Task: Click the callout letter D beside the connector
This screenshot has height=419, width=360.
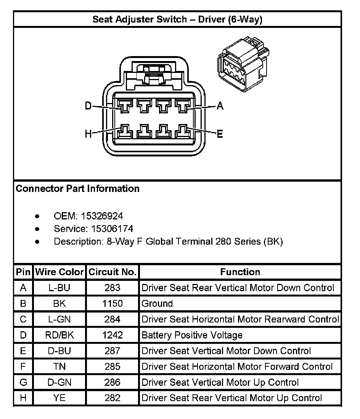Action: coord(88,106)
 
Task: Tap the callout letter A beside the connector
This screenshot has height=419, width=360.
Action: coord(220,106)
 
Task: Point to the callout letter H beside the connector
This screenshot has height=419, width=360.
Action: coord(88,134)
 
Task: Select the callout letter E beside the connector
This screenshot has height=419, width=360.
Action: coord(220,134)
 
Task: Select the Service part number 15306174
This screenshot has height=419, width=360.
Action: coord(112,229)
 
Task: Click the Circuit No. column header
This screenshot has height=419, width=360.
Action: coord(112,272)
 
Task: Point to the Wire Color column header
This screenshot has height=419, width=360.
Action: coord(59,272)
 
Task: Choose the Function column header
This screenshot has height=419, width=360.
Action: coord(240,272)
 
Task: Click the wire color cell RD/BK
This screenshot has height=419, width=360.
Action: coord(59,335)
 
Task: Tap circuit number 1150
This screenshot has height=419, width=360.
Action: coord(112,304)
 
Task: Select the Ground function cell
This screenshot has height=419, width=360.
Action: coord(157,304)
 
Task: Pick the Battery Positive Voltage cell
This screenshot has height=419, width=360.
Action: coord(192,335)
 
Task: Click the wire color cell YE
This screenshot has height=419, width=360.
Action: coord(59,398)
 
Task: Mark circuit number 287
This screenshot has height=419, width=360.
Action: coord(112,351)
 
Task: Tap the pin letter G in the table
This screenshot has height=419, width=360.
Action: coord(23,382)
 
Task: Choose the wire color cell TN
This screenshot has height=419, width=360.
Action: coord(59,367)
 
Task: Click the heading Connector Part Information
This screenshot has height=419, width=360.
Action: coord(78,189)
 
